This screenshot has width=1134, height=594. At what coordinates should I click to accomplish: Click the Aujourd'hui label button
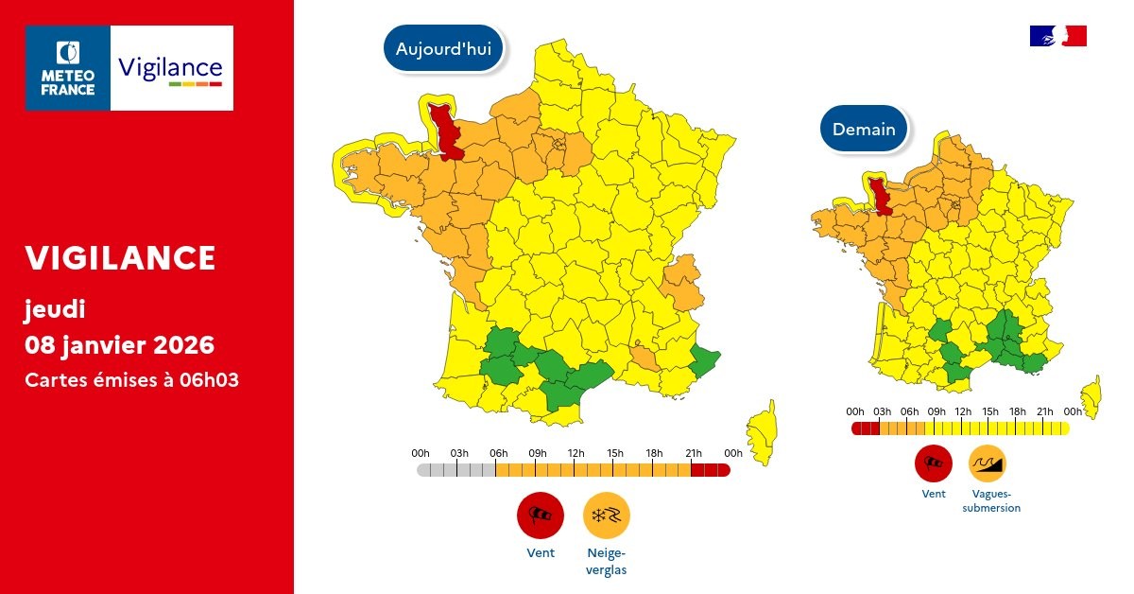coord(443,49)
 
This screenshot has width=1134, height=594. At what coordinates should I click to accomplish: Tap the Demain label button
coord(864,130)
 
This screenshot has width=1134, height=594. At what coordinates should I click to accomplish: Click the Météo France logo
coord(69,68)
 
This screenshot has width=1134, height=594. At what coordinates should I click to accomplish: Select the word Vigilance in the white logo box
coord(170,68)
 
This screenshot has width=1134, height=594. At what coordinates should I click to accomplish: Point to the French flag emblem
coord(1057,36)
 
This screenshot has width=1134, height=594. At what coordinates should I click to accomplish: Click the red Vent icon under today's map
coord(540,515)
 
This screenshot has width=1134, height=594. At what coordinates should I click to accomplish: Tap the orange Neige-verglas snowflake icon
coord(606,515)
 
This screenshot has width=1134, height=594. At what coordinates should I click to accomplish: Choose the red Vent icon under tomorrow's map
coord(933,463)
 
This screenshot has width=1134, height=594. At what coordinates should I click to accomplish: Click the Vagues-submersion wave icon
coord(988,463)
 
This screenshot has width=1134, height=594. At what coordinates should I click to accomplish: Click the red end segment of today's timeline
coord(710,470)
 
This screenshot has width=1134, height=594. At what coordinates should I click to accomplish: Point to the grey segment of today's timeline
coord(456,470)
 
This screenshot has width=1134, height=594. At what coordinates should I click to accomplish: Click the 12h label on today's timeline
coord(576,453)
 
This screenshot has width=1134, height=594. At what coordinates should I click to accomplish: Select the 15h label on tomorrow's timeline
coord(990,411)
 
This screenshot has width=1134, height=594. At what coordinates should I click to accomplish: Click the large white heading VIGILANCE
coord(120,257)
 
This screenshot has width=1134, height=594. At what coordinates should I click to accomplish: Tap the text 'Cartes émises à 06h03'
coord(131,380)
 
